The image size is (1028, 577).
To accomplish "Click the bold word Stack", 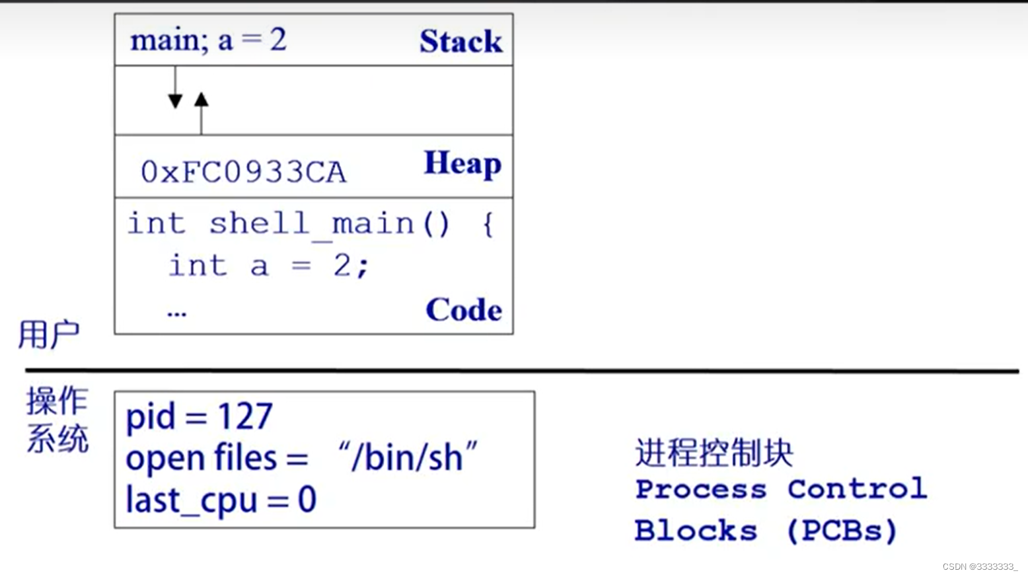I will (x=460, y=41).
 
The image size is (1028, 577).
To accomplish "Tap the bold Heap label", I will (x=462, y=163).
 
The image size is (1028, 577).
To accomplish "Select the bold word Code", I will (x=463, y=309).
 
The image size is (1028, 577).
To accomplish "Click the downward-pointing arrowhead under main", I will (x=175, y=100).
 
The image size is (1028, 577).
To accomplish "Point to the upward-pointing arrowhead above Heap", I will (x=202, y=100).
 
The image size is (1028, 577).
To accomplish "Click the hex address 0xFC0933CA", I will (x=243, y=172).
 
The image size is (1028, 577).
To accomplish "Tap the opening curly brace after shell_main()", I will (x=488, y=223).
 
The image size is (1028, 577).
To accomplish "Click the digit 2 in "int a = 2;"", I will (x=342, y=266).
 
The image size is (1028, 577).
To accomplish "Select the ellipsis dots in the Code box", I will (x=176, y=313).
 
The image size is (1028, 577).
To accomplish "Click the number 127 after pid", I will (x=244, y=416).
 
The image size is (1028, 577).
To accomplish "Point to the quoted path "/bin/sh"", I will (x=407, y=457).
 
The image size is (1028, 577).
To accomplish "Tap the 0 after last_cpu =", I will (x=307, y=500).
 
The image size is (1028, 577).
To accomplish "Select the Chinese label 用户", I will (x=48, y=334).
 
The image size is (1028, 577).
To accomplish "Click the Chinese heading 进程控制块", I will (x=714, y=453).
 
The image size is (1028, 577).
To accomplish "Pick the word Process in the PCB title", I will (x=701, y=490).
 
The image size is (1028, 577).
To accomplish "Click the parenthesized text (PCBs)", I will (x=842, y=531).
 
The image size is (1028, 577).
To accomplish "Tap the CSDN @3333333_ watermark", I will (x=979, y=566).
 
